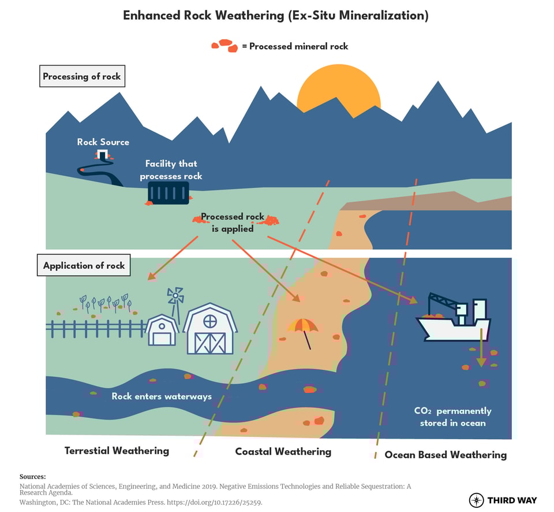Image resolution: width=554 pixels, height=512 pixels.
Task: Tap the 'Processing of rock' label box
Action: [82, 76]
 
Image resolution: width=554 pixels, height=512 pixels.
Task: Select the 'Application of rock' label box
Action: [84, 266]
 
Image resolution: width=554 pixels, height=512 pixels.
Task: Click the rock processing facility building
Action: [169, 192]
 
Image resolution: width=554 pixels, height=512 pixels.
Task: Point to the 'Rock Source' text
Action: [103, 142]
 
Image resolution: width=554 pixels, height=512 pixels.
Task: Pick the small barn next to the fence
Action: [162, 331]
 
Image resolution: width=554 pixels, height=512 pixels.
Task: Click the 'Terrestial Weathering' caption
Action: [117, 451]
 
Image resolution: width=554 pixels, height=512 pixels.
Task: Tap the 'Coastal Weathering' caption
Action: [283, 452]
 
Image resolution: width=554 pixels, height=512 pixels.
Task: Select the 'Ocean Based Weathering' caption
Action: [446, 455]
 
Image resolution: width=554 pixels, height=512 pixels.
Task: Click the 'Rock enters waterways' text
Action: [162, 396]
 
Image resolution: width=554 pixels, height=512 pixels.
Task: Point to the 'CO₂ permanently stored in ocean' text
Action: [452, 417]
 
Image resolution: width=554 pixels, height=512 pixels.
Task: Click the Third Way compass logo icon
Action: [476, 500]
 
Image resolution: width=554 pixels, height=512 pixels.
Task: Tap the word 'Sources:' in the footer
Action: [32, 477]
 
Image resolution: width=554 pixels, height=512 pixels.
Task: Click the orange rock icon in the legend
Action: [224, 45]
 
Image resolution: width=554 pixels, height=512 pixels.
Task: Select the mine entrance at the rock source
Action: [103, 154]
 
